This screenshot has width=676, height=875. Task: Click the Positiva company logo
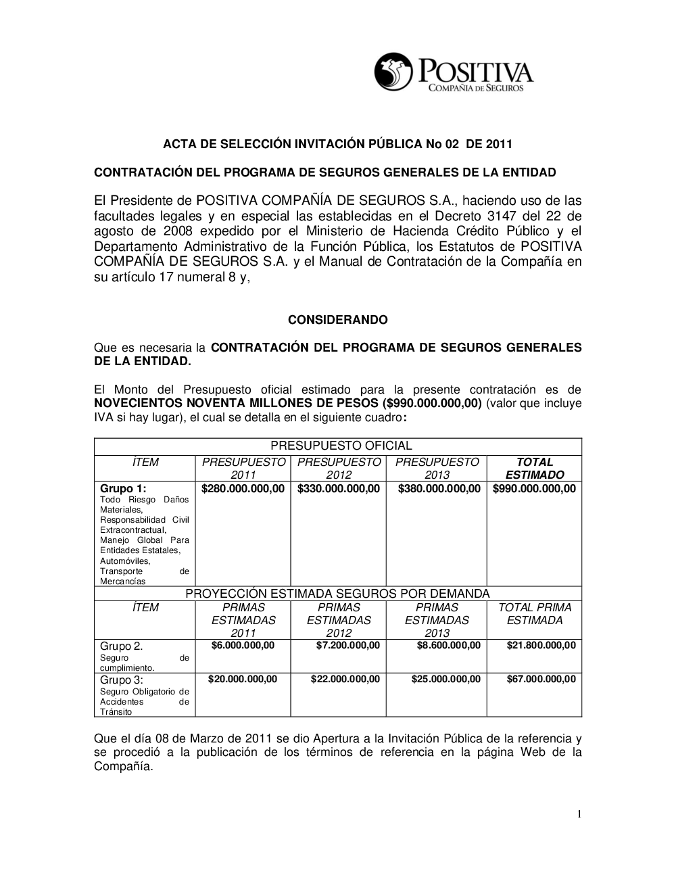(454, 73)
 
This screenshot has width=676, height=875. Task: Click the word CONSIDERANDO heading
(338, 319)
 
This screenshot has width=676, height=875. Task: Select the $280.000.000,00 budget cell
(243, 489)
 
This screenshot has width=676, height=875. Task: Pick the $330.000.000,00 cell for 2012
(338, 489)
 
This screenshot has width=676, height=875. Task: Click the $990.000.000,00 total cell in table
(534, 489)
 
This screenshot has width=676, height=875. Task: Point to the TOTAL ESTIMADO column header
(534, 469)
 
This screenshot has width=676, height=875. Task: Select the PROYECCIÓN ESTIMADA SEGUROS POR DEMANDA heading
(337, 594)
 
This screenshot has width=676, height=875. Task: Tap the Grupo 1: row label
(123, 489)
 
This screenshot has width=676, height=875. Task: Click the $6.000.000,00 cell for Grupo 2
(243, 646)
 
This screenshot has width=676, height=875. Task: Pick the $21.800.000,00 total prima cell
(541, 646)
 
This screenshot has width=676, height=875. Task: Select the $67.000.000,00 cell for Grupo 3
(541, 679)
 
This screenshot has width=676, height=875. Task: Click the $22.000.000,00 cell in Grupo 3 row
(345, 679)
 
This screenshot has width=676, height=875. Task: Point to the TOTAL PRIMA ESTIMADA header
(534, 614)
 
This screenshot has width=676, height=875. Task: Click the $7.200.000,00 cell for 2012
(347, 646)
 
